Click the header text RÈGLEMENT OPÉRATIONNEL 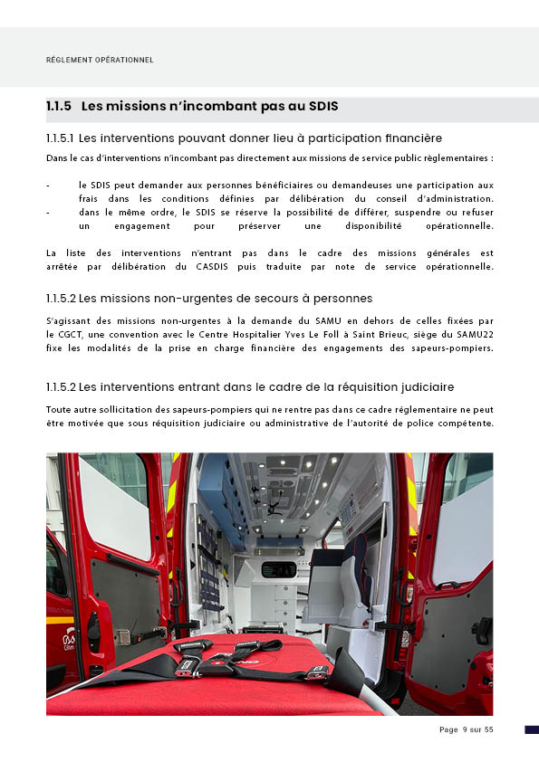click(x=100, y=60)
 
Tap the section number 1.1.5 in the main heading click(x=59, y=106)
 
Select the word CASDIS click(x=212, y=267)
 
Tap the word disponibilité click(x=373, y=226)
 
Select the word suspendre click(x=415, y=213)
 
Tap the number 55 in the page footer click(x=489, y=729)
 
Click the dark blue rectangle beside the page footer click(x=532, y=729)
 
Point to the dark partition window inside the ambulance click(x=279, y=569)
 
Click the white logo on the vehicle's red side click(x=69, y=639)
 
